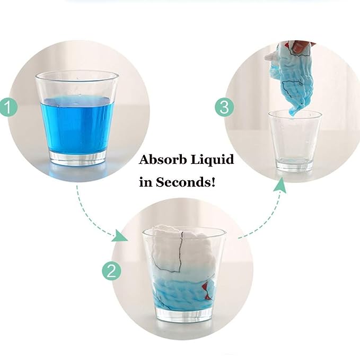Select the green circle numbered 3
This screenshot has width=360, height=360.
click(224, 108)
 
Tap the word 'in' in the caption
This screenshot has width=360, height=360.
click(145, 182)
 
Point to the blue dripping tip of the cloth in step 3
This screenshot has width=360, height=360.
click(293, 112)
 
